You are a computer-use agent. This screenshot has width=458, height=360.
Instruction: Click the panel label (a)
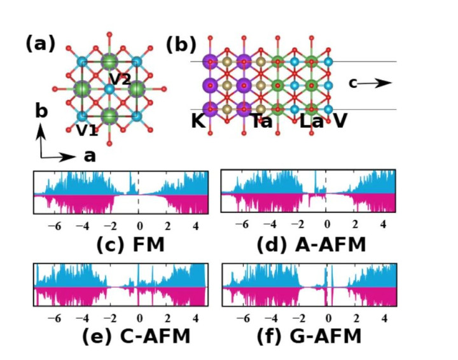pyautogui.click(x=40, y=44)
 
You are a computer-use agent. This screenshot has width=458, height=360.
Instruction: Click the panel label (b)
pyautogui.click(x=181, y=45)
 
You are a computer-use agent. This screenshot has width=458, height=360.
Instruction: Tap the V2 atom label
pyautogui.click(x=120, y=79)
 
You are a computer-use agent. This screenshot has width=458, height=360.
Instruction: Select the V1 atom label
pyautogui.click(x=87, y=130)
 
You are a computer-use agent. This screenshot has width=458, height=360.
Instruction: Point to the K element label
pyautogui.click(x=198, y=121)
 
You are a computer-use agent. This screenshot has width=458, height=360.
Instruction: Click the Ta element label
pyautogui.click(x=262, y=121)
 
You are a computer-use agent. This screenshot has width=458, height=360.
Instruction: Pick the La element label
pyautogui.click(x=312, y=121)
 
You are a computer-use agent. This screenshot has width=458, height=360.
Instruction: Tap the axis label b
pyautogui.click(x=41, y=111)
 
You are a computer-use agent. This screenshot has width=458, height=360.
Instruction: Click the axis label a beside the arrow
pyautogui.click(x=90, y=156)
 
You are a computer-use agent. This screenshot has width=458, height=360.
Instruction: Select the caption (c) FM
pyautogui.click(x=130, y=245)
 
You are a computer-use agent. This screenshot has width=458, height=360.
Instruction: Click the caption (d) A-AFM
pyautogui.click(x=311, y=245)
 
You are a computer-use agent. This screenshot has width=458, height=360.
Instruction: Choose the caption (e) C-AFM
pyautogui.click(x=136, y=336)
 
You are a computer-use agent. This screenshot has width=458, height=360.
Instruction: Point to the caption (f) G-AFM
pyautogui.click(x=309, y=336)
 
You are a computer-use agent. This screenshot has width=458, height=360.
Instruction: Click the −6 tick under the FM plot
pyautogui.click(x=55, y=226)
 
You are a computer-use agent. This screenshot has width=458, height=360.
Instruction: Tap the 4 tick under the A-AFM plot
pyautogui.click(x=383, y=225)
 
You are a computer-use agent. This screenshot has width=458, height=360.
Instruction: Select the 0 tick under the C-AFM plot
pyautogui.click(x=139, y=318)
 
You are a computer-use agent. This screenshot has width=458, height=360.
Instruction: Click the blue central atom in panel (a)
pyautogui.click(x=109, y=89)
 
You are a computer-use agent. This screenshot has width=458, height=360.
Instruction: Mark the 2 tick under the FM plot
pyautogui.click(x=167, y=226)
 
